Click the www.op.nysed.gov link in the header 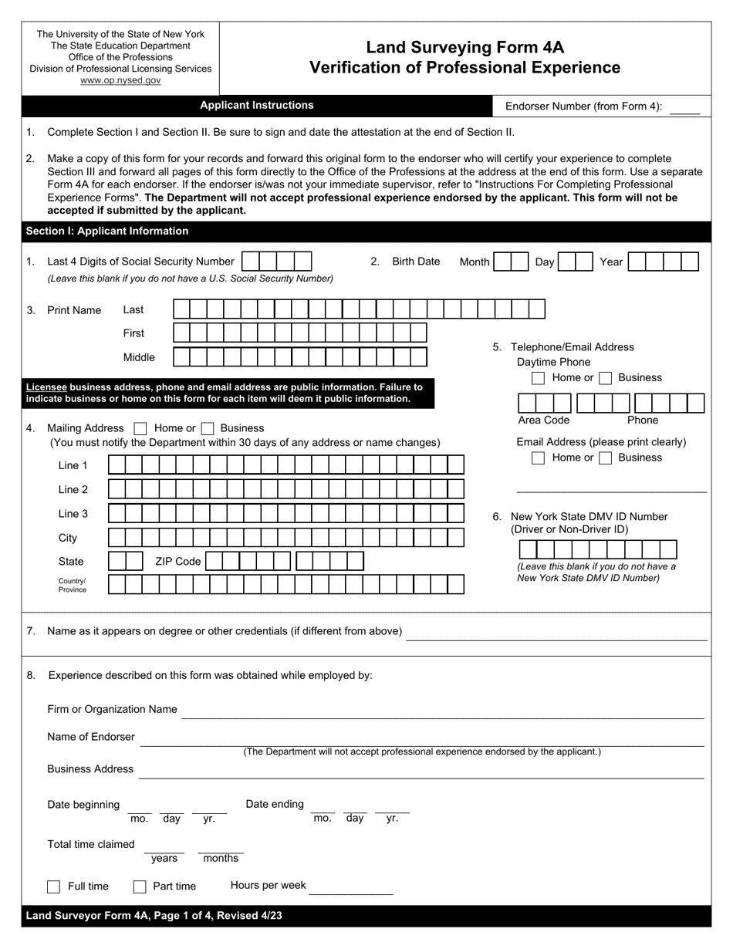pos(120,80)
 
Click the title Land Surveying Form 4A pos(464,47)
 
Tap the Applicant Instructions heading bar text pos(257,106)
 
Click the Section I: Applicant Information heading pos(107,231)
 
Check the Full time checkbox pos(54,887)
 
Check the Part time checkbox pos(140,887)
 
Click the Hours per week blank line pos(350,888)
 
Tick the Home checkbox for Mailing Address pos(140,428)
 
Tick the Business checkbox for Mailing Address pos(207,428)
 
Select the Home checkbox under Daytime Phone pos(539,378)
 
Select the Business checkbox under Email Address pos(606,458)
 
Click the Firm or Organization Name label pos(112,709)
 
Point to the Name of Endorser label pos(91,737)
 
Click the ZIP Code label pos(177,562)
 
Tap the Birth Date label pos(416,262)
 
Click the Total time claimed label pos(91,844)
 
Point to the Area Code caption pos(543,420)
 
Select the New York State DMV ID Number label pos(589,517)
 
